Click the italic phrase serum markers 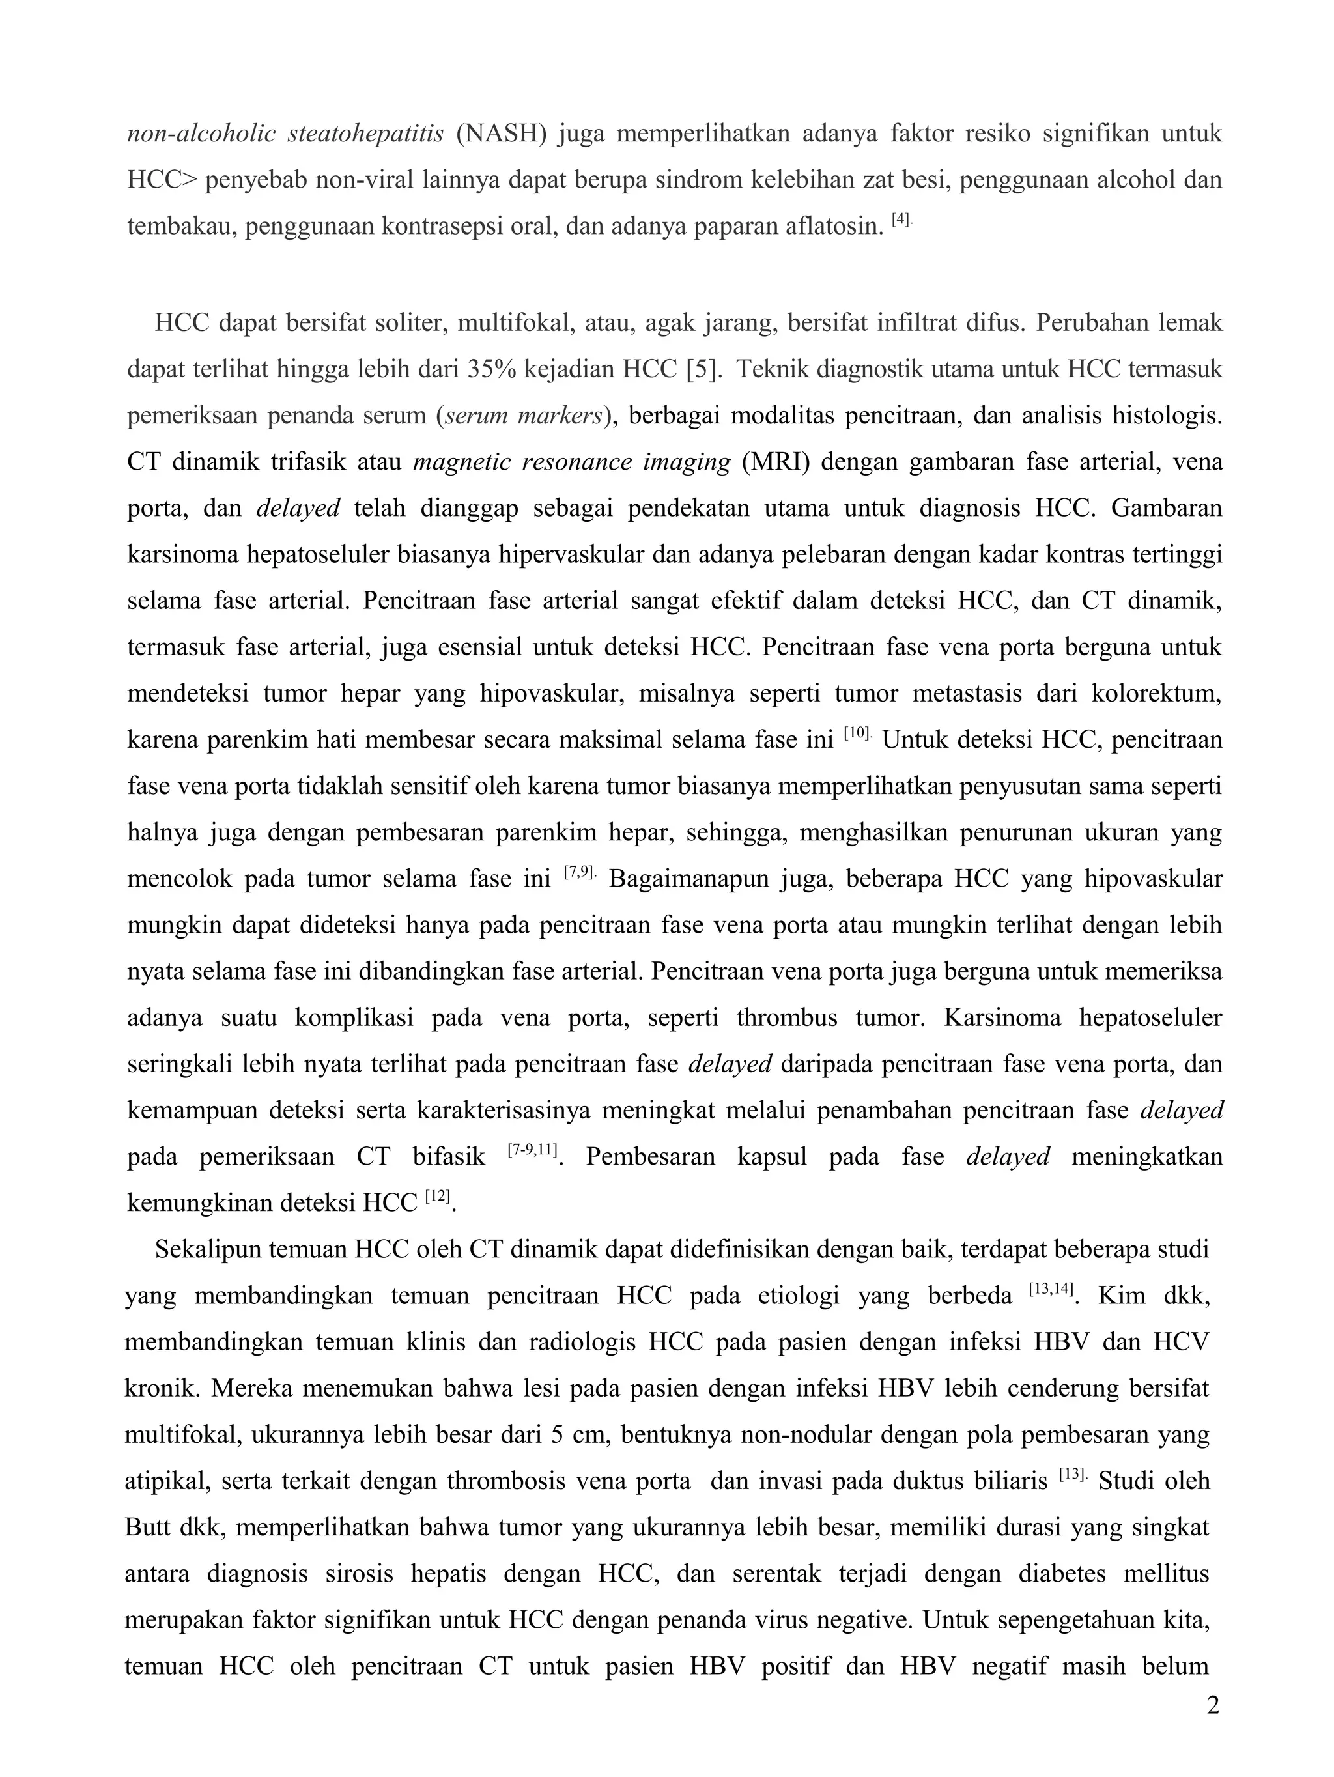pyautogui.click(x=524, y=416)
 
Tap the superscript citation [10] pyautogui.click(x=858, y=733)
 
